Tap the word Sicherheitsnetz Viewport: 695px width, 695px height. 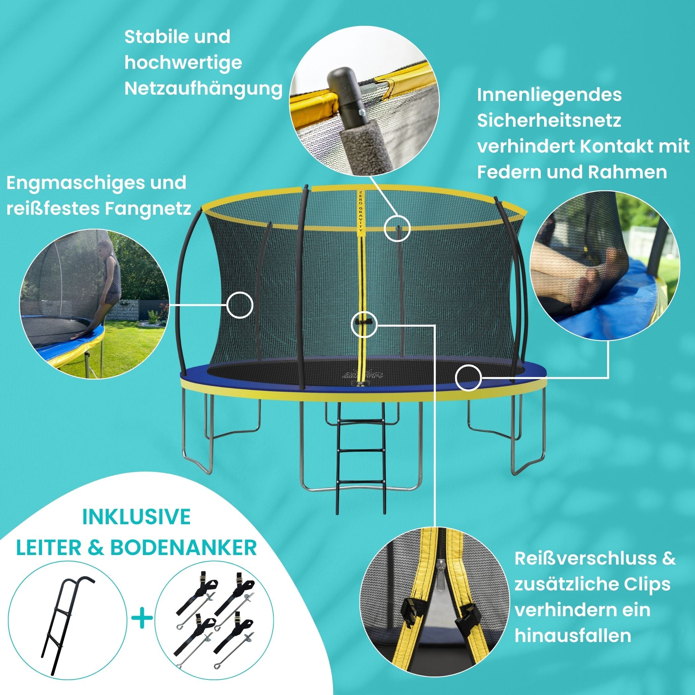[549, 121]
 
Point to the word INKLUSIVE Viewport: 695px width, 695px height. [136, 517]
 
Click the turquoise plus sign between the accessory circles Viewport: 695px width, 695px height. [142, 618]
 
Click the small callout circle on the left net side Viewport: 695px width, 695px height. [240, 305]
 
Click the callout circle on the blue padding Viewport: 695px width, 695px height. [468, 377]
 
